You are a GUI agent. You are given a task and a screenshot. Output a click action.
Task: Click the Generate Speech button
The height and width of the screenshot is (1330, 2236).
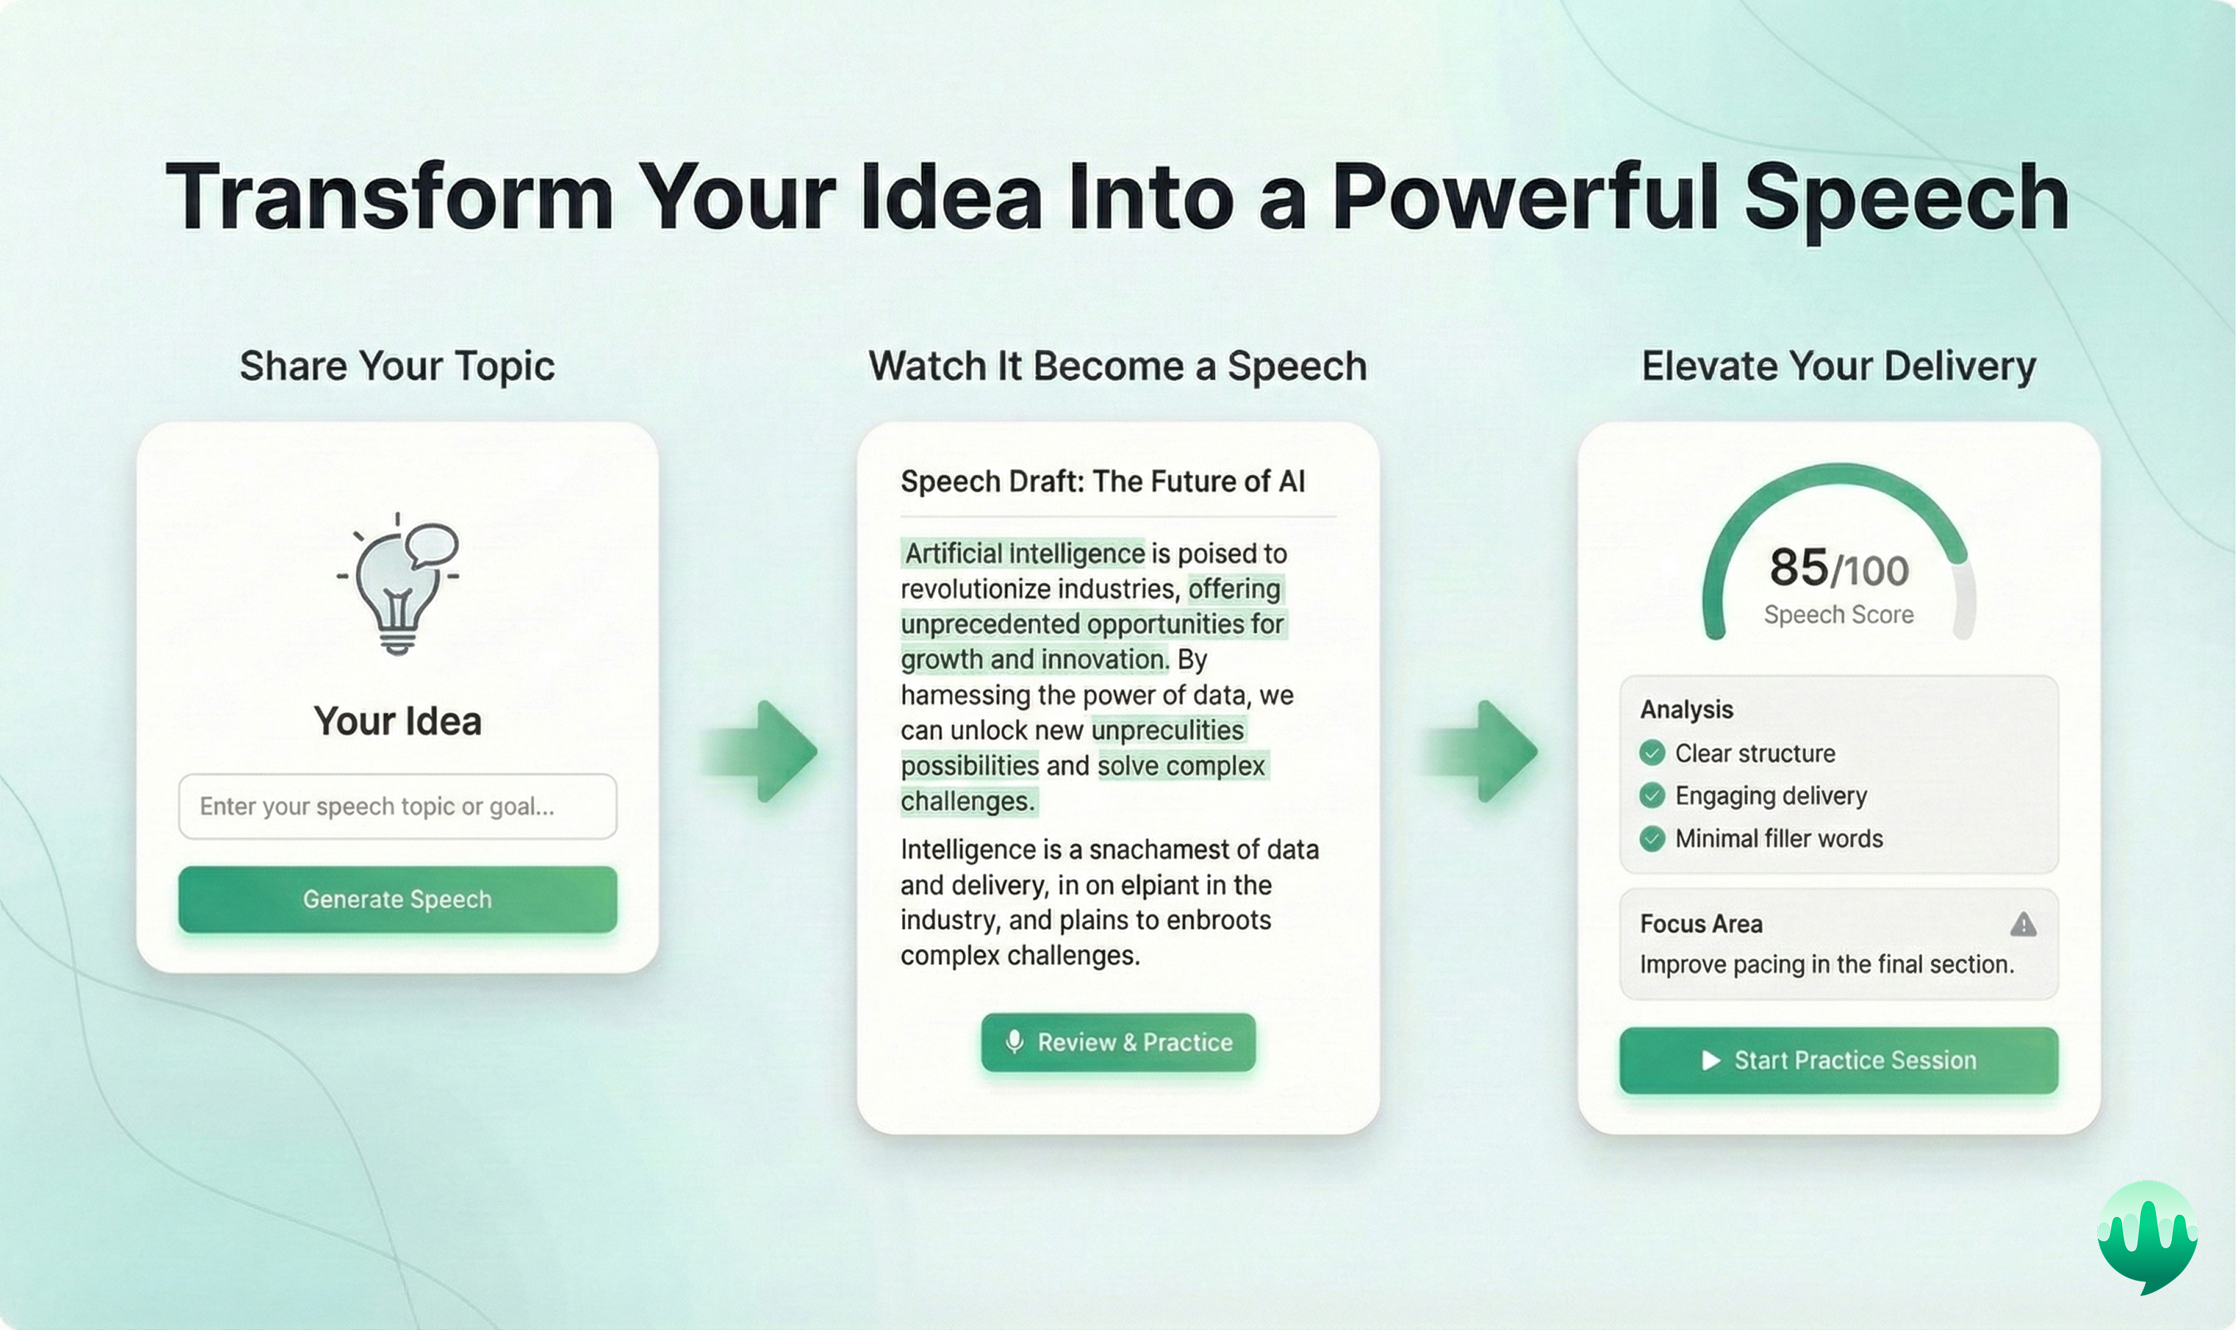tap(397, 899)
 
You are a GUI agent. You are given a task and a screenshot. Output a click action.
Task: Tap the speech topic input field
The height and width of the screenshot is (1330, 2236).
tap(397, 806)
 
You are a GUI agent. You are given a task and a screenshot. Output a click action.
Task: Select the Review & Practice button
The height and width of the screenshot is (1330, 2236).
tap(1118, 1042)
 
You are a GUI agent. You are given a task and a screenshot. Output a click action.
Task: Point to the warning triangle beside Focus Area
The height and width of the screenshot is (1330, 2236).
tap(2022, 924)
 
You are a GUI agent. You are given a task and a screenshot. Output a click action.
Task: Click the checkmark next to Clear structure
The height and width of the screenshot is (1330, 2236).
tap(1651, 753)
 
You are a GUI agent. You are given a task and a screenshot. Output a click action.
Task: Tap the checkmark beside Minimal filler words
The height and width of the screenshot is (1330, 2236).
tap(1651, 839)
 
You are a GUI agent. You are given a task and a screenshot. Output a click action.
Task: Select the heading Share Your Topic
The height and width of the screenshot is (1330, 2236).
tap(397, 366)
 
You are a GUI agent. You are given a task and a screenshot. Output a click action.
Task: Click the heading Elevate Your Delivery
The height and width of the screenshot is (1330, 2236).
tap(1838, 366)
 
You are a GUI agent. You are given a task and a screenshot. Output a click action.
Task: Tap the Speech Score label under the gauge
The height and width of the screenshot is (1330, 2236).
tap(1838, 615)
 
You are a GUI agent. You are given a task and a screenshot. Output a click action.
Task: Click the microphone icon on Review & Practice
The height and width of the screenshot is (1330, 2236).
tap(1014, 1042)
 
